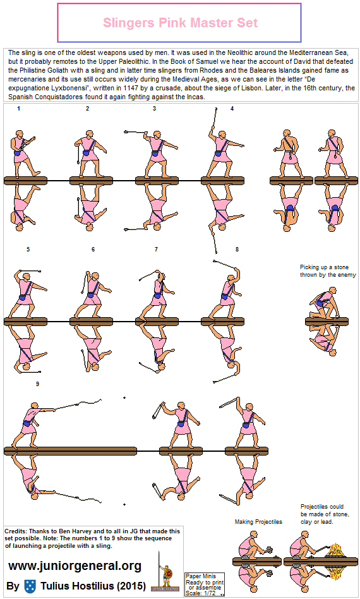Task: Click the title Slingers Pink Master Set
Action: [x=180, y=23]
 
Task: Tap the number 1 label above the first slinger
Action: [x=19, y=109]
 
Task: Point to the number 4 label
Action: [x=232, y=109]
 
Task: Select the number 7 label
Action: [x=156, y=250]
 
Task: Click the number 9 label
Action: [x=37, y=384]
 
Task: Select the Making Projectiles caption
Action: [x=258, y=522]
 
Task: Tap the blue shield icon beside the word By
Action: [x=30, y=586]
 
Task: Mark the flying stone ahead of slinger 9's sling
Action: [x=124, y=397]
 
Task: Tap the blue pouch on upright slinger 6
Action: [x=90, y=296]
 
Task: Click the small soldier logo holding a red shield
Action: [x=167, y=576]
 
